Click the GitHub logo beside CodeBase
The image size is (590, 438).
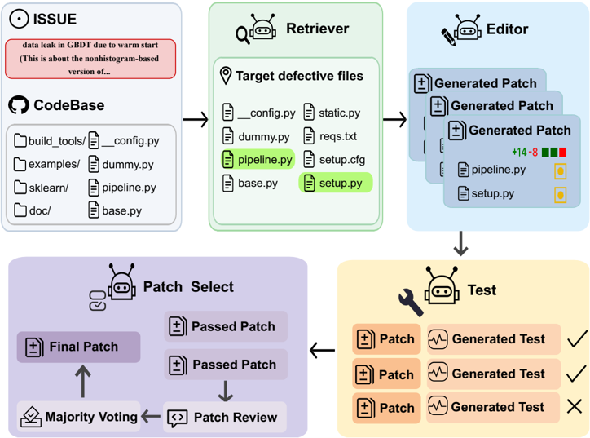pos(19,104)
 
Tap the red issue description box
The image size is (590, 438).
pos(90,59)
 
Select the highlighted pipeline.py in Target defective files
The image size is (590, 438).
pos(258,159)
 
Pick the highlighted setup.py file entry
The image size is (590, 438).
pos(335,183)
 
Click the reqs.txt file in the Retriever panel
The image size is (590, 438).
pos(330,136)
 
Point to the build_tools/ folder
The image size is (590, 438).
pos(50,141)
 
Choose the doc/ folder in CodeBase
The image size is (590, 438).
pos(33,210)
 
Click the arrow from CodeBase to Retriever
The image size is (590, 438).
pos(196,120)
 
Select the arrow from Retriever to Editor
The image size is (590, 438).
pos(394,120)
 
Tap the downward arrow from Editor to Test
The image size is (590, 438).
pos(460,244)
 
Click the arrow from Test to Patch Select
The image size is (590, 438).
pos(322,351)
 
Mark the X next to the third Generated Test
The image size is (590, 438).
pos(575,407)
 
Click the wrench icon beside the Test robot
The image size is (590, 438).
pos(411,302)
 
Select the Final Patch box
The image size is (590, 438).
pos(79,347)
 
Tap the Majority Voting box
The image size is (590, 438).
pos(79,417)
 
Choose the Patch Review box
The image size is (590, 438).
pos(225,417)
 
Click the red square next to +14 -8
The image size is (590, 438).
pos(562,153)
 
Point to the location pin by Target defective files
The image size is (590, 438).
pos(226,76)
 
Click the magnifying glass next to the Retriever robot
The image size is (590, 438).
pos(243,35)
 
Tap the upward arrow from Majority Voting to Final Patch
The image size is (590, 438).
pos(83,382)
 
